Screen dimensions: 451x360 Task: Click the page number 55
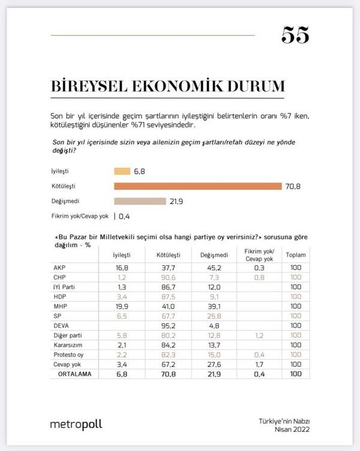pyautogui.click(x=295, y=36)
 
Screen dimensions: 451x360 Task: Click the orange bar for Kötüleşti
pyautogui.click(x=197, y=186)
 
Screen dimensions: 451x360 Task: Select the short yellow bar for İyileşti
pyautogui.click(x=122, y=171)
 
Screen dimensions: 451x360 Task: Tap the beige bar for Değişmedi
pyautogui.click(x=140, y=201)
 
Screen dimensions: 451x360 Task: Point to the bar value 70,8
pyautogui.click(x=292, y=186)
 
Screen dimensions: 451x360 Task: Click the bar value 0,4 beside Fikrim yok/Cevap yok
pyautogui.click(x=125, y=216)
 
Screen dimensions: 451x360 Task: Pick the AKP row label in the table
pyautogui.click(x=60, y=267)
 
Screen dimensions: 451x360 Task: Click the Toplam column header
pyautogui.click(x=295, y=254)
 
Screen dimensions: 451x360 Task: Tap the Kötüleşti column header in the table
pyautogui.click(x=168, y=254)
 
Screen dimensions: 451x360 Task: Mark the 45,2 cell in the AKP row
pyautogui.click(x=209, y=267)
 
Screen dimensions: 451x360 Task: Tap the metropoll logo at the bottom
pyautogui.click(x=76, y=424)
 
